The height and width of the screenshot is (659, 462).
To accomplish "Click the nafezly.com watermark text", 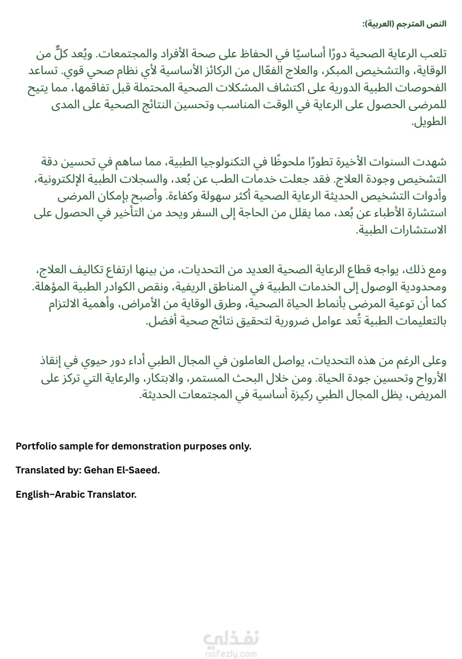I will pyautogui.click(x=231, y=654).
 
